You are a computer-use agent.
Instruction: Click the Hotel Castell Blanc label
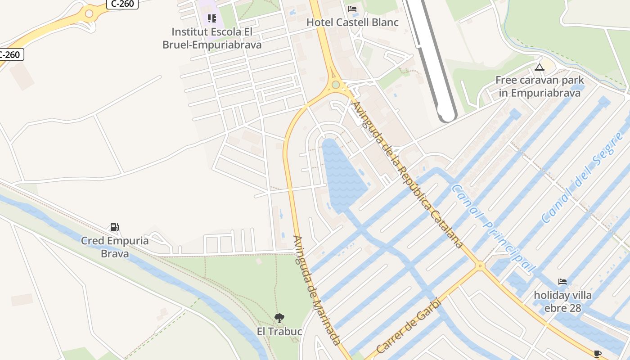(352, 22)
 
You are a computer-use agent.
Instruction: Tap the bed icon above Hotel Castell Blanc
(352, 9)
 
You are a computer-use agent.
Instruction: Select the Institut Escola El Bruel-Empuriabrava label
(211, 38)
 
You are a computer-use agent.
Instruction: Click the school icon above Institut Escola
(211, 18)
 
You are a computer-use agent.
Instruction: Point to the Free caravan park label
(540, 86)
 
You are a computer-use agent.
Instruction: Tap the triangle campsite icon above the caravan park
(540, 67)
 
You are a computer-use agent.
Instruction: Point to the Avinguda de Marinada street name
(317, 290)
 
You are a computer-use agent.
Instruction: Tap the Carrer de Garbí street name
(408, 326)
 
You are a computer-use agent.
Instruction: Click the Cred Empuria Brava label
(115, 247)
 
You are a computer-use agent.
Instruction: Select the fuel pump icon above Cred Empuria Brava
(115, 227)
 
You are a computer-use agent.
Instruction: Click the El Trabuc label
(279, 332)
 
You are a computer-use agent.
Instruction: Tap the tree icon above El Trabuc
(279, 318)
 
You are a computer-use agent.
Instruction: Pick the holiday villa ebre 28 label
(562, 301)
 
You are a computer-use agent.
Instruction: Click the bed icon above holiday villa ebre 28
(562, 282)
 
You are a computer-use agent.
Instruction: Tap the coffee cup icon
(598, 354)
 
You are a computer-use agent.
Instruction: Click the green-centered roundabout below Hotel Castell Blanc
(335, 85)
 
